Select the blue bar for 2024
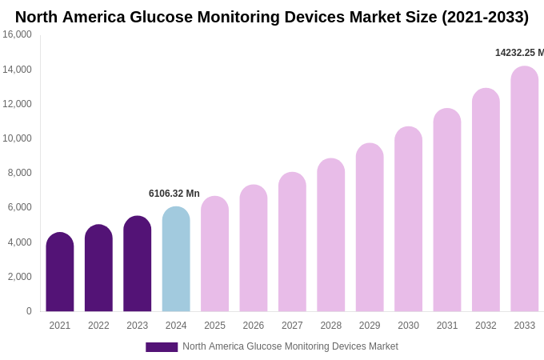click(176, 260)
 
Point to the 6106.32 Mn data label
click(174, 194)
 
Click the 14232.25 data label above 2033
click(518, 53)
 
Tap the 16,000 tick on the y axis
click(17, 34)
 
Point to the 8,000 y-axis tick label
click(19, 173)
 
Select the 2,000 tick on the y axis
click(19, 277)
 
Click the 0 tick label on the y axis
click(29, 311)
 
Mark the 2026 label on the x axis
click(254, 326)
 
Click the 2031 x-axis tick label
click(447, 326)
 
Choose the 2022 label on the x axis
click(98, 326)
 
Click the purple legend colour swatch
click(162, 347)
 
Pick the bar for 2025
click(214, 254)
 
